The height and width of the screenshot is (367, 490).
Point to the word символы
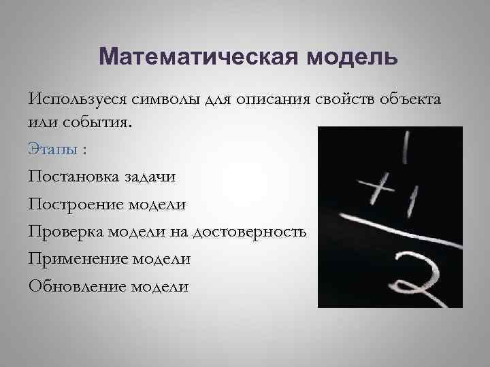click(x=162, y=100)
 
